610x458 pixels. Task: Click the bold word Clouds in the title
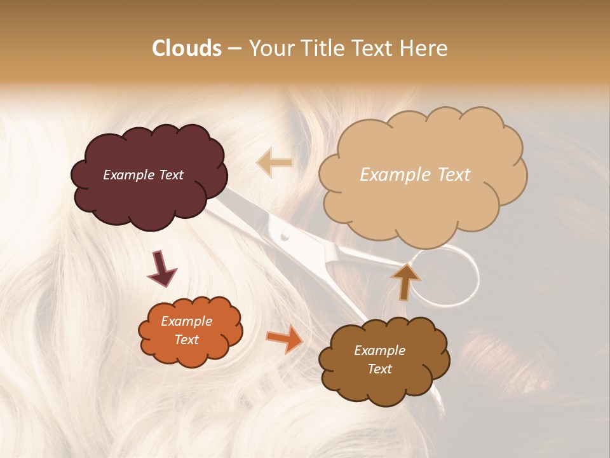[x=186, y=48]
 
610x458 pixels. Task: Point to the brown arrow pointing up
[x=405, y=281]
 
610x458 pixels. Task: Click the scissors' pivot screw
[x=285, y=237]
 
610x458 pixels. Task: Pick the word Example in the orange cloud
[x=187, y=321]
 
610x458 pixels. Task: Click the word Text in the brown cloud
[x=380, y=369]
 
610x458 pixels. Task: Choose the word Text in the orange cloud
[x=187, y=340]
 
